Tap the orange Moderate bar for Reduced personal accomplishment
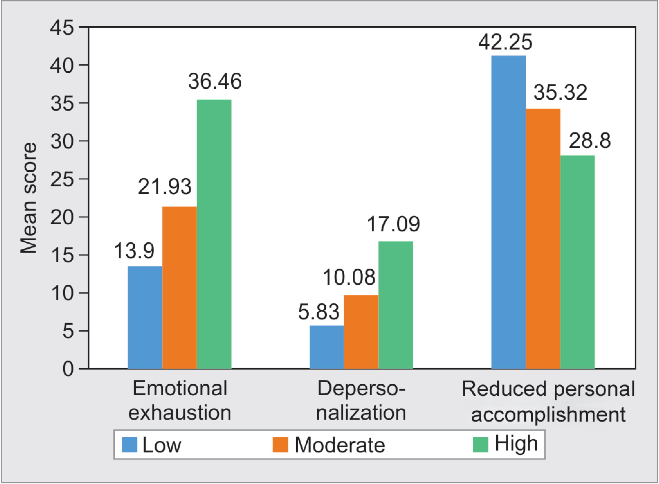[543, 239]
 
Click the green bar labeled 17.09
[396, 305]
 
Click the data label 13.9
[134, 251]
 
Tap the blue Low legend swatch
[130, 445]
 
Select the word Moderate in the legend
[339, 445]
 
